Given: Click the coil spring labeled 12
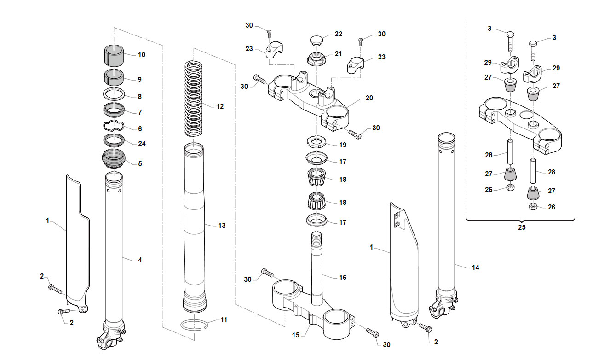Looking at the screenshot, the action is coord(194,99).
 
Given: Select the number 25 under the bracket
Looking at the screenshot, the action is coord(522,227).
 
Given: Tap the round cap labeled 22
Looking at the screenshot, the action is coord(317,40).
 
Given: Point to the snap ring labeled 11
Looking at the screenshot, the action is coord(194,325).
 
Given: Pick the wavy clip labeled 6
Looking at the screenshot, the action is coord(114,126).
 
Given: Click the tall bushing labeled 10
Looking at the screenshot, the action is coord(114,55).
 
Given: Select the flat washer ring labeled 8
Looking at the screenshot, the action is coord(114,94).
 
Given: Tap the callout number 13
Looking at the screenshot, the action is coord(222,226).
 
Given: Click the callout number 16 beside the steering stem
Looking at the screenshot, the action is coord(343,278).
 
